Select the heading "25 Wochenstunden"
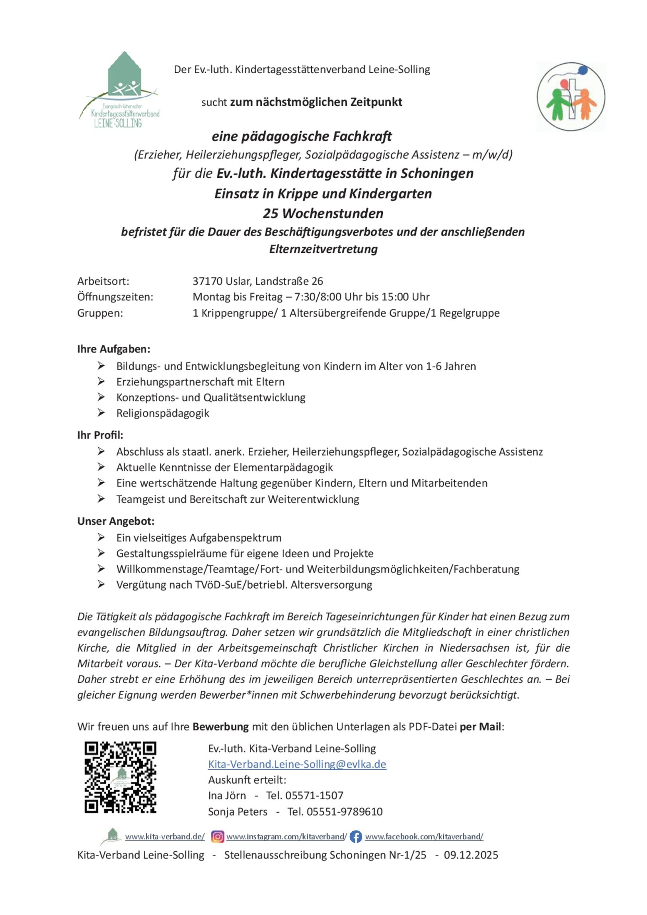coord(323,214)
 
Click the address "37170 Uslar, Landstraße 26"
coord(257,281)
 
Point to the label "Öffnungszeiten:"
coord(115,297)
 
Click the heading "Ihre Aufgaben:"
coord(114,349)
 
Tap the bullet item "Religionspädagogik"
coord(163,413)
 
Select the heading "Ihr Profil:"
coord(100,435)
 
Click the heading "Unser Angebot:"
coord(116,521)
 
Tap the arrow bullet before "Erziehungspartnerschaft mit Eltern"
coord(101,382)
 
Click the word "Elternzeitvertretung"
coord(323,249)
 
